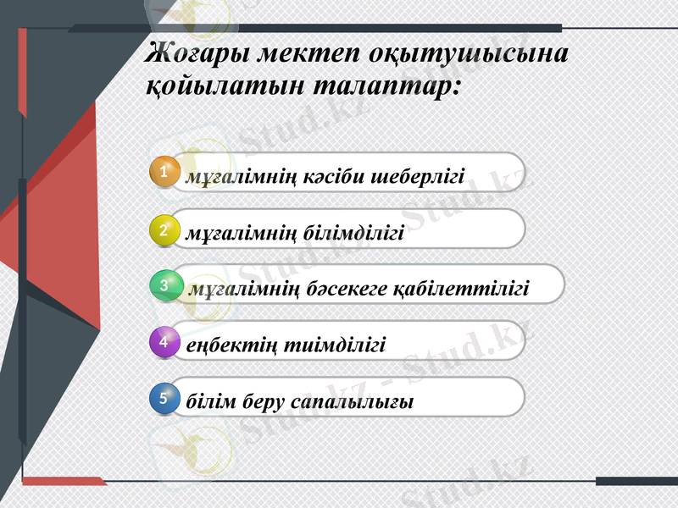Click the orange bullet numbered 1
tap(164, 173)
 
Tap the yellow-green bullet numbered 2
tap(164, 229)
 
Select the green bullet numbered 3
tap(164, 285)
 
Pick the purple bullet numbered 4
tap(164, 342)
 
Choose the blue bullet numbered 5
tap(164, 395)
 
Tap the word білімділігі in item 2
tap(353, 233)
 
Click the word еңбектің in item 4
tap(225, 345)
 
